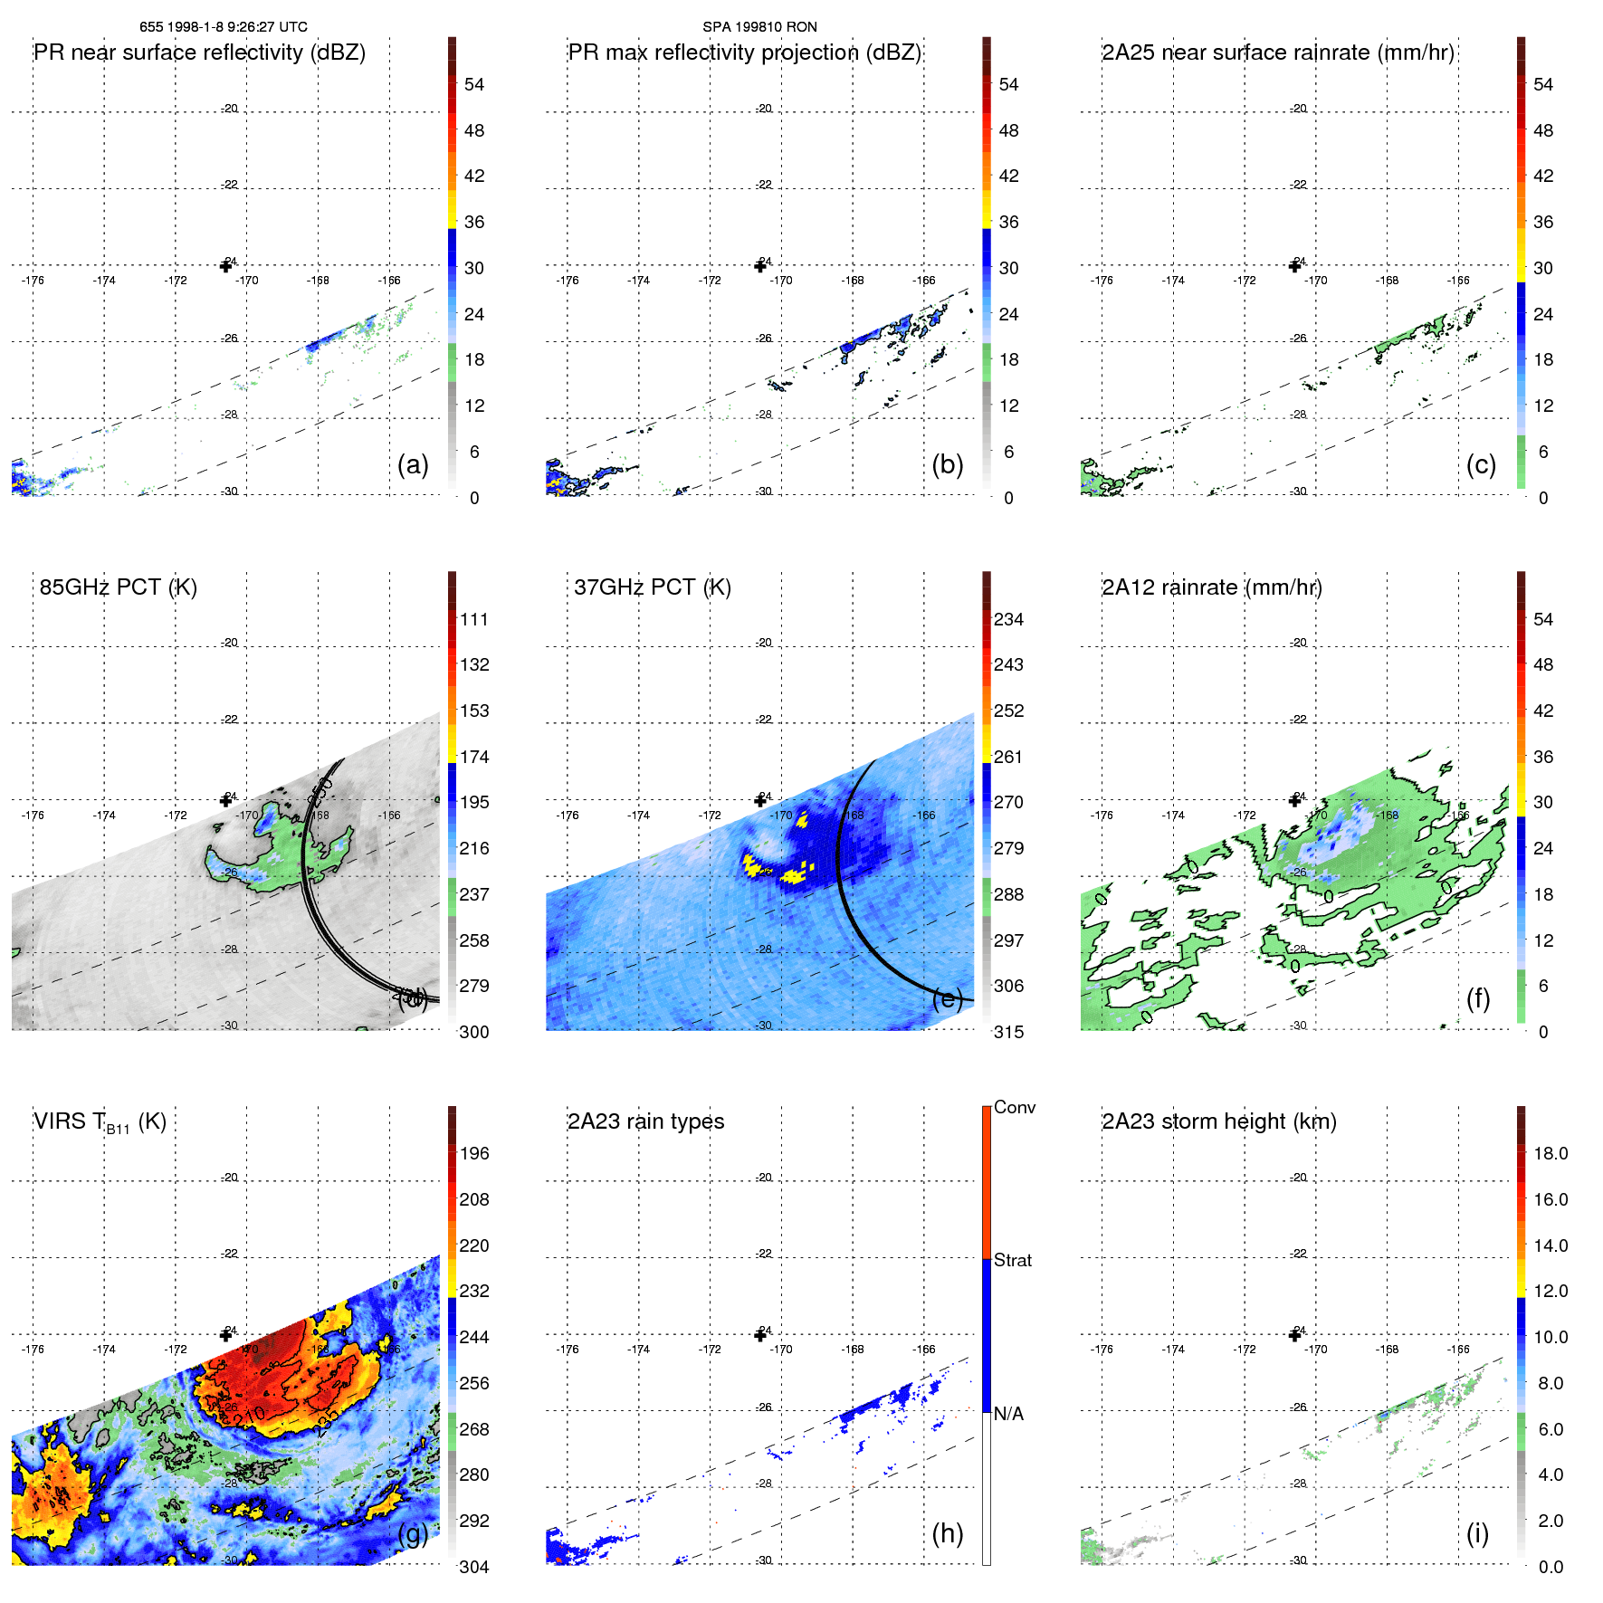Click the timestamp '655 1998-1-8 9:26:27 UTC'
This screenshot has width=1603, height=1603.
pos(223,27)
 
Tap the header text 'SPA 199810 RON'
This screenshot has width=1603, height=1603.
pos(759,27)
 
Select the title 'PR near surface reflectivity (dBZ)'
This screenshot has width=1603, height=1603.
pos(199,52)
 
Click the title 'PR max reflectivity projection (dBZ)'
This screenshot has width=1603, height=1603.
pos(744,52)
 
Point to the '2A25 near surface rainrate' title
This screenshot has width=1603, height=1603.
pos(1278,52)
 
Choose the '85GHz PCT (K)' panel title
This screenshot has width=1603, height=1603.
pos(118,587)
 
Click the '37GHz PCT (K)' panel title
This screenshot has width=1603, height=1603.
pos(652,587)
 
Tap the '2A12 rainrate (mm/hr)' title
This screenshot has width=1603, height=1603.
pos(1211,587)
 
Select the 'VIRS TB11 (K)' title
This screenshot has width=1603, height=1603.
pos(100,1122)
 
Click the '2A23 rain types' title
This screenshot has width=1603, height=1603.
pos(645,1121)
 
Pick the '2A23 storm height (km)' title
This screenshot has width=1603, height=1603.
pos(1218,1121)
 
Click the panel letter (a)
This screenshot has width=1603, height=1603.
pos(413,465)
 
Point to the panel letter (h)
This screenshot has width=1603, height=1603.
pos(947,1533)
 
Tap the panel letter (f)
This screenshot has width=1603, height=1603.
pos(1477,998)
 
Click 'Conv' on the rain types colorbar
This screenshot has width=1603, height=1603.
pos(1014,1108)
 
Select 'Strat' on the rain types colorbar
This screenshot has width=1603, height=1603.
pos(1012,1261)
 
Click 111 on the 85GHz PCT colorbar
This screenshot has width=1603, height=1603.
pos(474,620)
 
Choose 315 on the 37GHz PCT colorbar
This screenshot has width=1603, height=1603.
pos(1008,1033)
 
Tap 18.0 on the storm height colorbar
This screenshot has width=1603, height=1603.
pos(1550,1154)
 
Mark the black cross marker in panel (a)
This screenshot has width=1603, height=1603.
pos(226,266)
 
